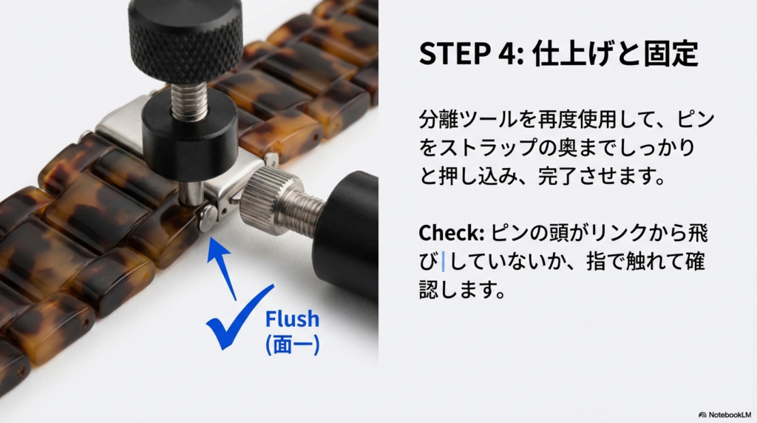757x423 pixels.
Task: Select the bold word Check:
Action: [x=452, y=233]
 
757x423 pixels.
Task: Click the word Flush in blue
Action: [x=292, y=319]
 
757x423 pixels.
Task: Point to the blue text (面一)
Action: [x=292, y=345]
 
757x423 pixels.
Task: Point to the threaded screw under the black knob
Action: [x=190, y=99]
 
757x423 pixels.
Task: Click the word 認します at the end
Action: [x=462, y=290]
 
